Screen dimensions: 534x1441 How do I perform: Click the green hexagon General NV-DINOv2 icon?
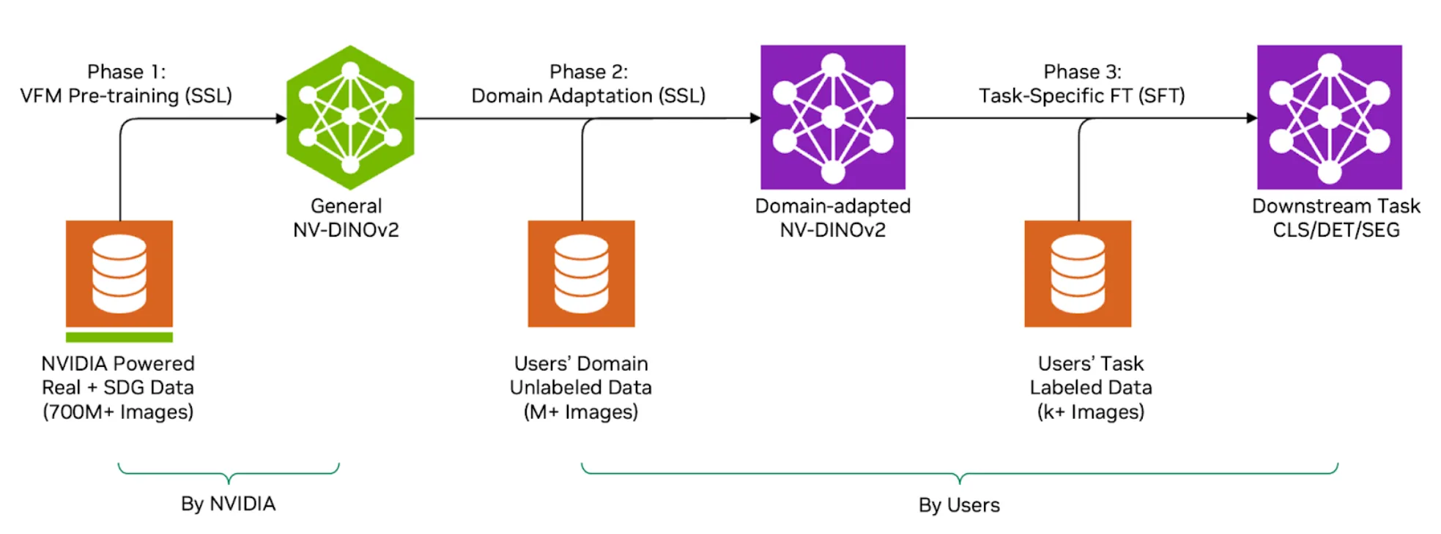(x=350, y=117)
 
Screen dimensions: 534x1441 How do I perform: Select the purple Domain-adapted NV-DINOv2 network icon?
(x=832, y=117)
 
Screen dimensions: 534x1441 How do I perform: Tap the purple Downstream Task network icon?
(x=1329, y=117)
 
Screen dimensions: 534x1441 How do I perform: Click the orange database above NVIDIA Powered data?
(x=119, y=273)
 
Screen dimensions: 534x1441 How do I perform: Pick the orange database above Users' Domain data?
(x=581, y=273)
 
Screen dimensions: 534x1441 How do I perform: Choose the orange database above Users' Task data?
(x=1078, y=273)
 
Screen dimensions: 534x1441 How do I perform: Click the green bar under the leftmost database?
(x=119, y=337)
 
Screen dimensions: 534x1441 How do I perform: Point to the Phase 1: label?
(x=126, y=72)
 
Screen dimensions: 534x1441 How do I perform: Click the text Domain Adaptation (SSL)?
(x=588, y=96)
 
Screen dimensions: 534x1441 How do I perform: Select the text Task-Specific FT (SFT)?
(x=1081, y=96)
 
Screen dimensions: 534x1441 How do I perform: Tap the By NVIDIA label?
(x=228, y=504)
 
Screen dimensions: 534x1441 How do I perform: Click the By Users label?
(x=959, y=505)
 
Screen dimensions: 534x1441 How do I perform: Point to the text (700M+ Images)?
(x=118, y=412)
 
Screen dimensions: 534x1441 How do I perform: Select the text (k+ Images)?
(x=1090, y=412)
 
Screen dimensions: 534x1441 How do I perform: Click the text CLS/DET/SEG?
(x=1336, y=230)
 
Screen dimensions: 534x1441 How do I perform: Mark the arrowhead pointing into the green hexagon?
(x=281, y=118)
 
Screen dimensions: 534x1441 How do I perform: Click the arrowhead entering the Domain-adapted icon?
(x=755, y=118)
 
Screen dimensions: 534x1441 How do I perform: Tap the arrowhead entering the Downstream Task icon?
(x=1252, y=118)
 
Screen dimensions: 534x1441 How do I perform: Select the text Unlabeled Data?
(x=581, y=387)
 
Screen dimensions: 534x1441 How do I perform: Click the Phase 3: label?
(x=1082, y=72)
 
